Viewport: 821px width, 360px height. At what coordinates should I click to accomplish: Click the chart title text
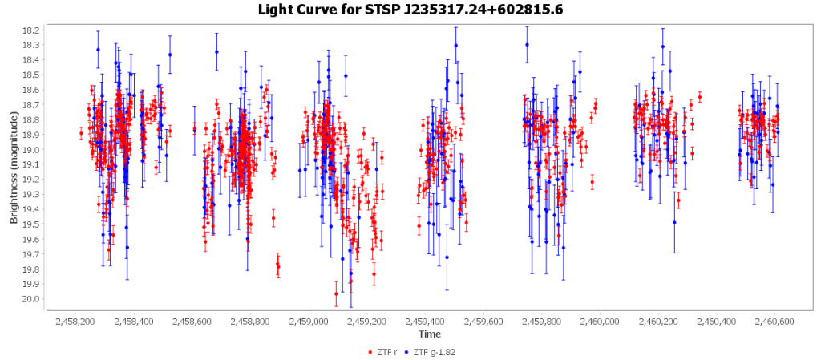tap(410, 10)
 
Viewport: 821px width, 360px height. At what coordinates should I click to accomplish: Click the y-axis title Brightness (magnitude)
tap(14, 164)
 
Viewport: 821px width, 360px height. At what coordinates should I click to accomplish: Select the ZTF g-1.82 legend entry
tap(433, 351)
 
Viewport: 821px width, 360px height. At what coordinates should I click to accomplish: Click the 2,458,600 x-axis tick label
tap(192, 322)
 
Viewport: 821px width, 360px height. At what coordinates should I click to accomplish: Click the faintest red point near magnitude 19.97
tap(336, 294)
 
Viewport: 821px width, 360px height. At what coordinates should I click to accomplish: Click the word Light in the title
tap(275, 10)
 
